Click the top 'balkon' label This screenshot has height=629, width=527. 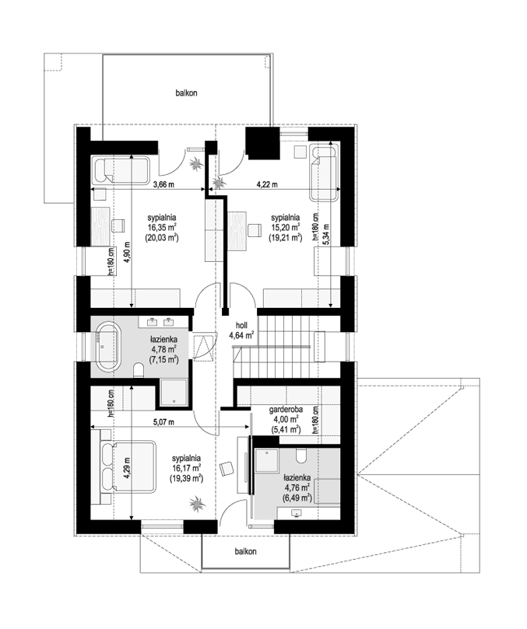pyautogui.click(x=186, y=93)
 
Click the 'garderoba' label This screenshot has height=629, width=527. pyautogui.click(x=286, y=408)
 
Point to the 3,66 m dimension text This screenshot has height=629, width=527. pyautogui.click(x=163, y=184)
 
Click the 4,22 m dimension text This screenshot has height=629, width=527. pyautogui.click(x=269, y=184)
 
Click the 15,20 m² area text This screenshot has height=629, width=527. pyautogui.click(x=284, y=228)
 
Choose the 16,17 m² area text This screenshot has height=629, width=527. pyautogui.click(x=187, y=469)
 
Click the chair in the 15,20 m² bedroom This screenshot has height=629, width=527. pyautogui.click(x=253, y=229)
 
